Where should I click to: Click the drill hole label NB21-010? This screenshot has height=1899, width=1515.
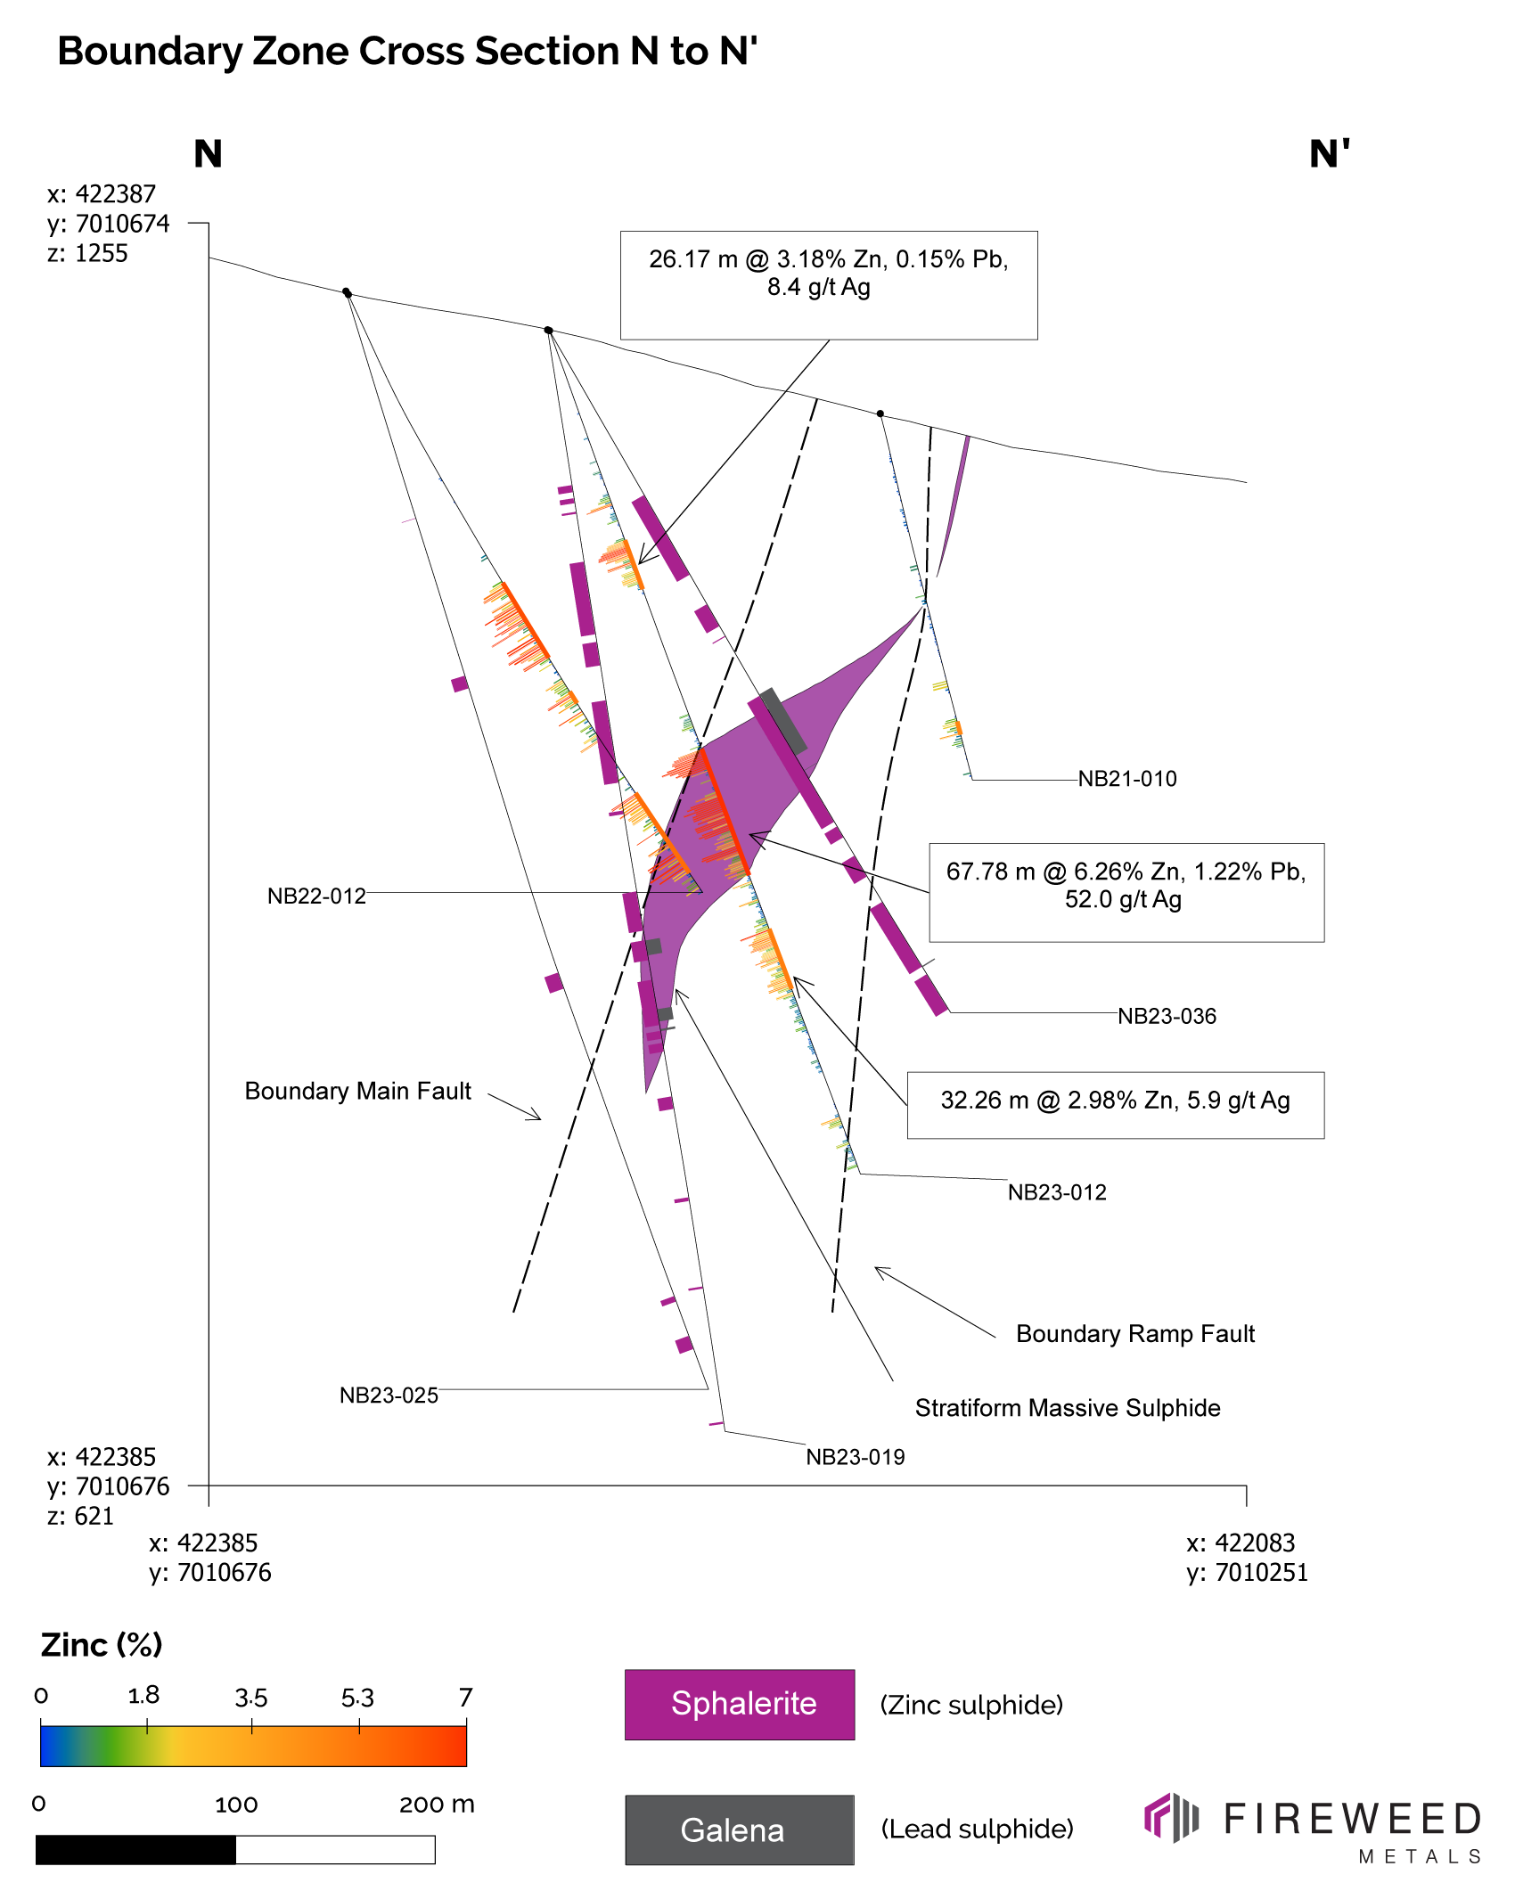[1127, 779]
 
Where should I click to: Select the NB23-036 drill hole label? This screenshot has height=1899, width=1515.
[1167, 1016]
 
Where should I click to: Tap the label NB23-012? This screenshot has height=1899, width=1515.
[1057, 1192]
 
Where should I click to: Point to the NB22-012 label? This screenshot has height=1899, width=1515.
[316, 896]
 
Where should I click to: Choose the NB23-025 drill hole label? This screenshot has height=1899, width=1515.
[389, 1396]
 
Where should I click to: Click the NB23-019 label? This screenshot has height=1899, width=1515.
[856, 1457]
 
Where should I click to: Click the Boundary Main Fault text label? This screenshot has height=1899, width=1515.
[357, 1092]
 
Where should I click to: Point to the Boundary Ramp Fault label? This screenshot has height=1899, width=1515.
[1134, 1334]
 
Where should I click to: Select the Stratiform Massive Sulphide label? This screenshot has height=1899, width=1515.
[1068, 1408]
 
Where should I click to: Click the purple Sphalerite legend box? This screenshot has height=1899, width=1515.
[740, 1704]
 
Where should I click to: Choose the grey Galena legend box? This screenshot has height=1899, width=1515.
[740, 1829]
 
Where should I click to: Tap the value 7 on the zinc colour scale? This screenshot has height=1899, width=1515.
[465, 1697]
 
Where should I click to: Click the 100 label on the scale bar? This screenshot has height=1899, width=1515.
[236, 1805]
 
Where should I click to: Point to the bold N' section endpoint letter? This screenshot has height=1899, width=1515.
[1329, 154]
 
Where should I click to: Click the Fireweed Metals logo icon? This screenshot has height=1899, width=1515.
[1171, 1818]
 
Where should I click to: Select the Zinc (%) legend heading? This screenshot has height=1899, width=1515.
[102, 1645]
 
